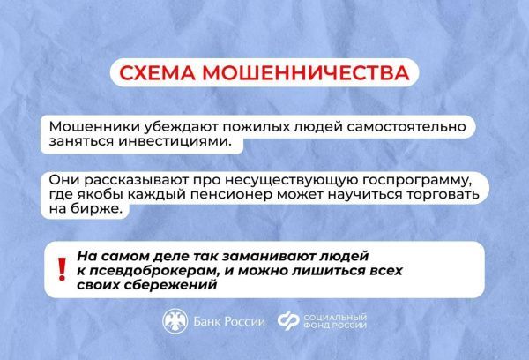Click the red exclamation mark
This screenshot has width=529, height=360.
click(61, 266)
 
